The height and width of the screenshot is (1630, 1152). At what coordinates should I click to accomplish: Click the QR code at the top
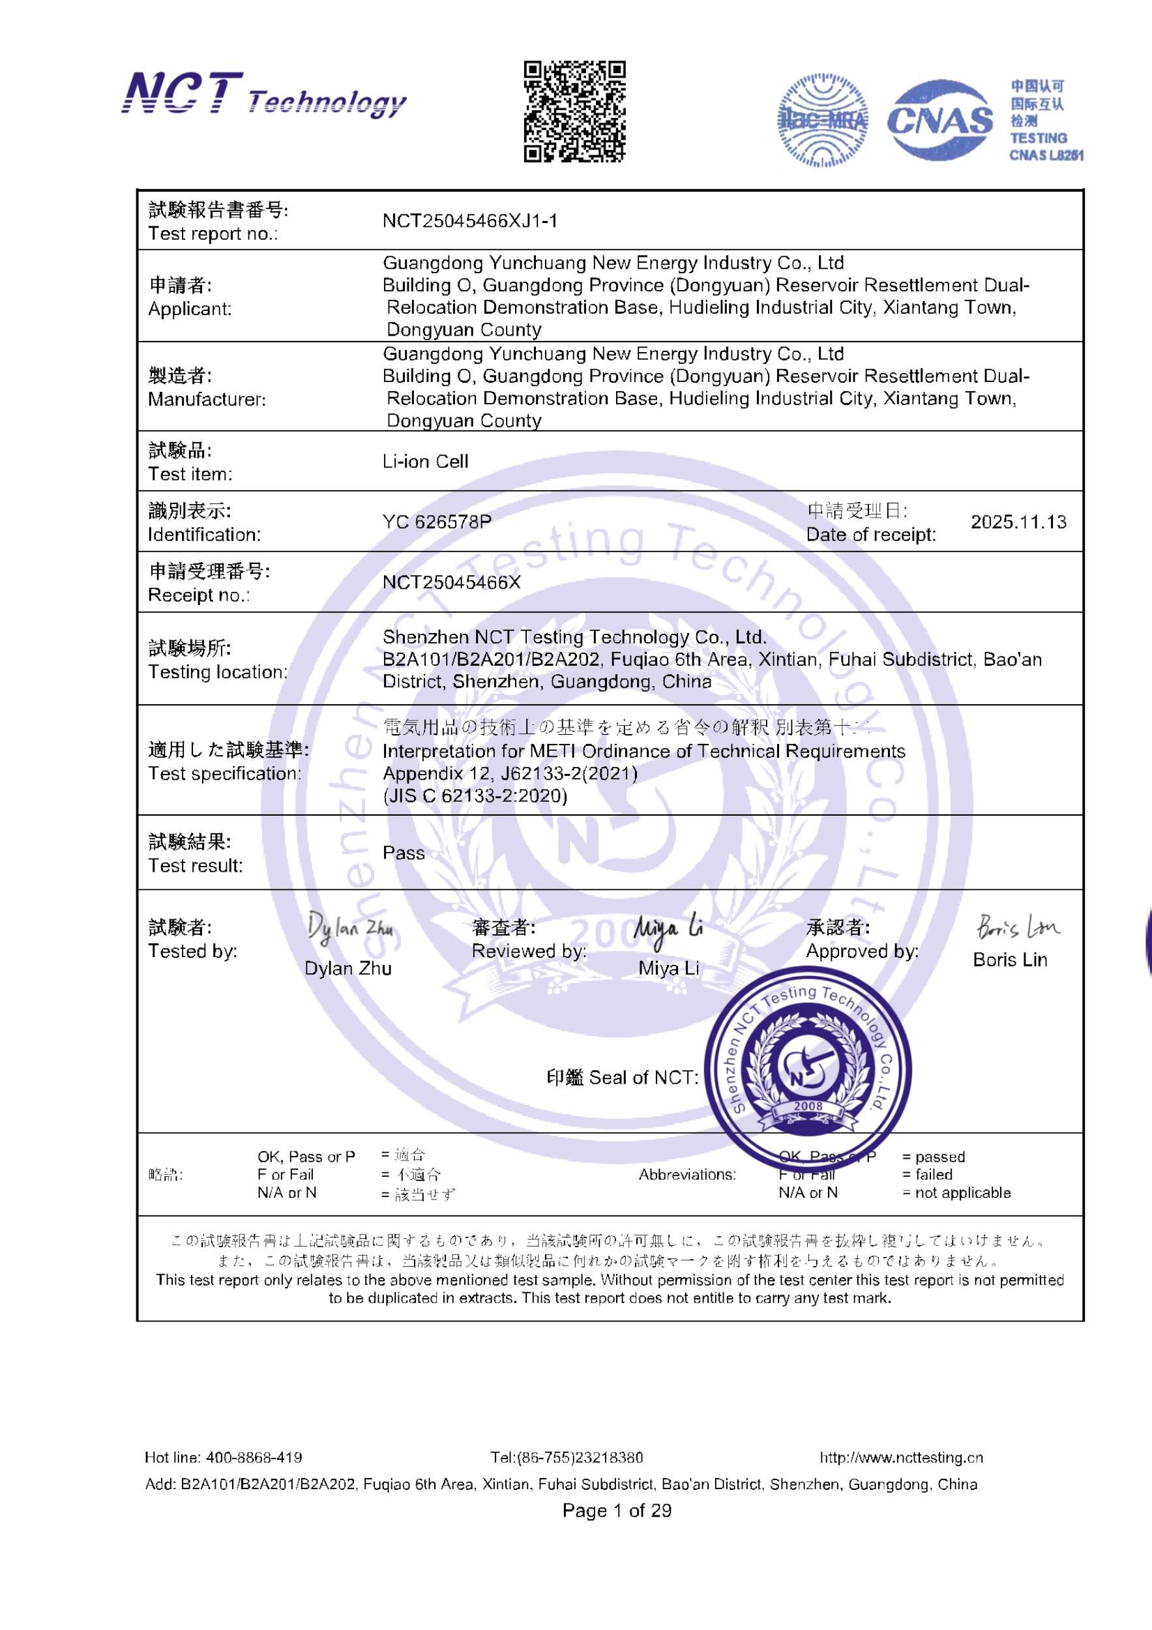point(574,111)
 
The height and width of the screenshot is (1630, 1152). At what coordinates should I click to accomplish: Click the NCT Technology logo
point(263,95)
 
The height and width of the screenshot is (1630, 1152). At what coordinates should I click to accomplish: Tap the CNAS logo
point(939,120)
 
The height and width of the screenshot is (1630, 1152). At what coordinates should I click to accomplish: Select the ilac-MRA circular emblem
point(823,120)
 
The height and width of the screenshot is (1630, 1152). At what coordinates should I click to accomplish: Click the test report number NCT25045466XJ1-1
point(470,222)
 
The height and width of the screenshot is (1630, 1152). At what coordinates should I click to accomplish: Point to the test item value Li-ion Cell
point(425,462)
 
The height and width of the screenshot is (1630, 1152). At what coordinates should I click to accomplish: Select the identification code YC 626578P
point(437,522)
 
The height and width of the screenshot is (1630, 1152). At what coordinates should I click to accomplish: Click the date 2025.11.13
point(1018,522)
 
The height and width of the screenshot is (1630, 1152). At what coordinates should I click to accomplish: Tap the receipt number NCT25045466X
point(451,582)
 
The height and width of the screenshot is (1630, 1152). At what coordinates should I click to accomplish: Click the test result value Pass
point(403,853)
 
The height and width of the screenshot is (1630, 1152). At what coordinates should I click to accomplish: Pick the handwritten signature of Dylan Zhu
point(350,928)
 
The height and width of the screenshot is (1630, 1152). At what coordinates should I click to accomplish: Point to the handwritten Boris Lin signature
point(1017,926)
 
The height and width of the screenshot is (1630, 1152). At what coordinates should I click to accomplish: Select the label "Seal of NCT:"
point(643,1078)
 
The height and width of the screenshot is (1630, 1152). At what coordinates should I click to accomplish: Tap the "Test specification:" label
point(224,774)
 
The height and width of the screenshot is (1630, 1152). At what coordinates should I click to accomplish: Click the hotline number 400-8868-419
point(254,1457)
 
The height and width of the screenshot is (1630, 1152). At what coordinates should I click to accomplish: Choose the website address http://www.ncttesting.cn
point(901,1457)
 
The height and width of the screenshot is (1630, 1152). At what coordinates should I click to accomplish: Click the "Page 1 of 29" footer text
point(616,1510)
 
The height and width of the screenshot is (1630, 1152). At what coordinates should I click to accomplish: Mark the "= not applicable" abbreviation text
point(956,1193)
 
